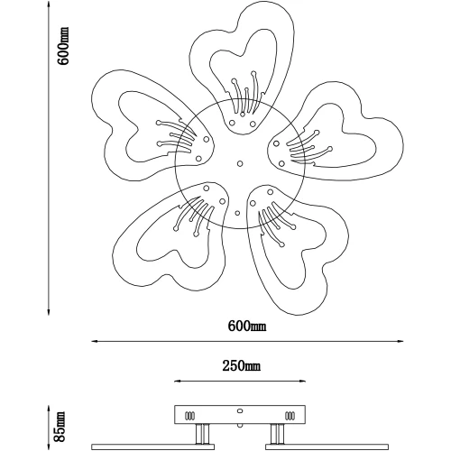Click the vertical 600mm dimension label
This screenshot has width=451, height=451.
coord(63,46)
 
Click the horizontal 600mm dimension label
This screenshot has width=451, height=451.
coord(247,326)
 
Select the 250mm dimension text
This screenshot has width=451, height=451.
coord(242,366)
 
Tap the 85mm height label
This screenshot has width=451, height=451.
coord(60,427)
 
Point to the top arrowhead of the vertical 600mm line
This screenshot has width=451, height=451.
coord(49,5)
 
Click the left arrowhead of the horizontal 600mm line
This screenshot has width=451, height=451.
coord(95,341)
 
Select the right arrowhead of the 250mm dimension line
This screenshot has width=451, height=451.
coord(302,382)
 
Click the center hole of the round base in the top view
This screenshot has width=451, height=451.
coord(240,163)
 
